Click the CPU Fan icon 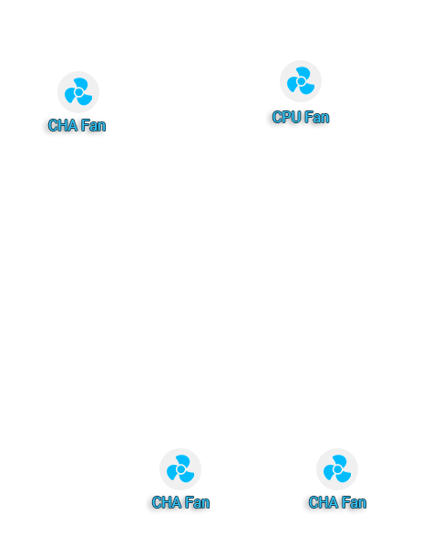(x=301, y=81)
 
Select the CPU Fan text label (x=301, y=118)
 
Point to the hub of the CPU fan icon (x=301, y=81)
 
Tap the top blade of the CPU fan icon (x=303, y=72)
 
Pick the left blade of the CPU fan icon (x=293, y=85)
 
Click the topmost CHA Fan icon (x=78, y=92)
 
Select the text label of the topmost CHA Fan (x=77, y=125)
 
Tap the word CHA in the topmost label (x=63, y=125)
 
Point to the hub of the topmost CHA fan (x=78, y=92)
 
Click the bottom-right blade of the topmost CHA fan (x=86, y=99)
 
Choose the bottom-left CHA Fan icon (x=180, y=469)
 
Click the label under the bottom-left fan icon (x=180, y=502)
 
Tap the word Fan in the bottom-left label (x=198, y=502)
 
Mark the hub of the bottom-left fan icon (x=180, y=469)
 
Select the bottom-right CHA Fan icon (x=337, y=469)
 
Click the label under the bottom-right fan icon (x=337, y=502)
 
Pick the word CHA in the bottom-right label (x=324, y=502)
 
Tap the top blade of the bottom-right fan (x=340, y=461)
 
